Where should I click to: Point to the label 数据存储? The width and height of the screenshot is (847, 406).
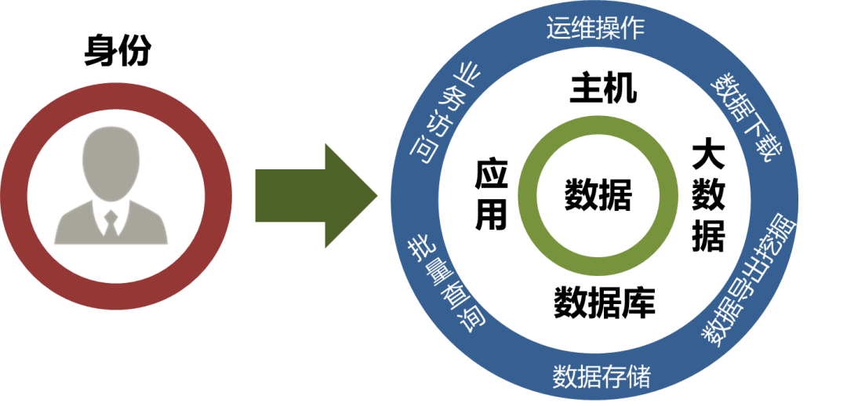point(602,377)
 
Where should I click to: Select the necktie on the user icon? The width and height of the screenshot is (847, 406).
point(111,219)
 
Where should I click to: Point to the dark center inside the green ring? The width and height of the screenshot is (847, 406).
point(598,196)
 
